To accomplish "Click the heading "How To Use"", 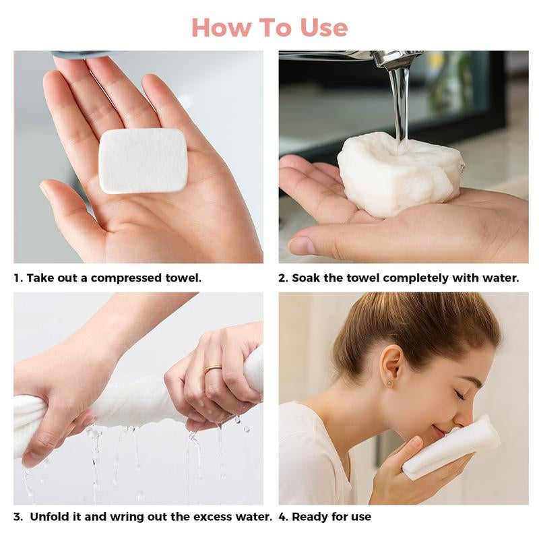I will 269,28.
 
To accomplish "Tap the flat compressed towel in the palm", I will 143,160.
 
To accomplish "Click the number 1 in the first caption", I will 17,278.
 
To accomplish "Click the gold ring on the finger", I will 213,369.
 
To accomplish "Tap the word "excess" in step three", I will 217,517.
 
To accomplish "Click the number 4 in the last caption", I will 282,517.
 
